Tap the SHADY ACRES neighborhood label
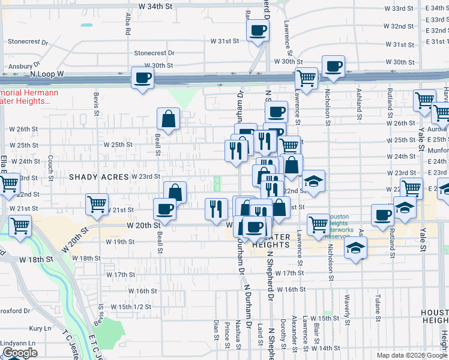coord(99,177)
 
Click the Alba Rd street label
coord(128,24)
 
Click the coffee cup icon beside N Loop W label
coord(143,78)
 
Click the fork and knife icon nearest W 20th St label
coord(217,209)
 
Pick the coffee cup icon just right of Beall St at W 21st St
coord(164,209)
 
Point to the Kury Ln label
coord(40,329)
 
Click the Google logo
coord(20,353)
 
